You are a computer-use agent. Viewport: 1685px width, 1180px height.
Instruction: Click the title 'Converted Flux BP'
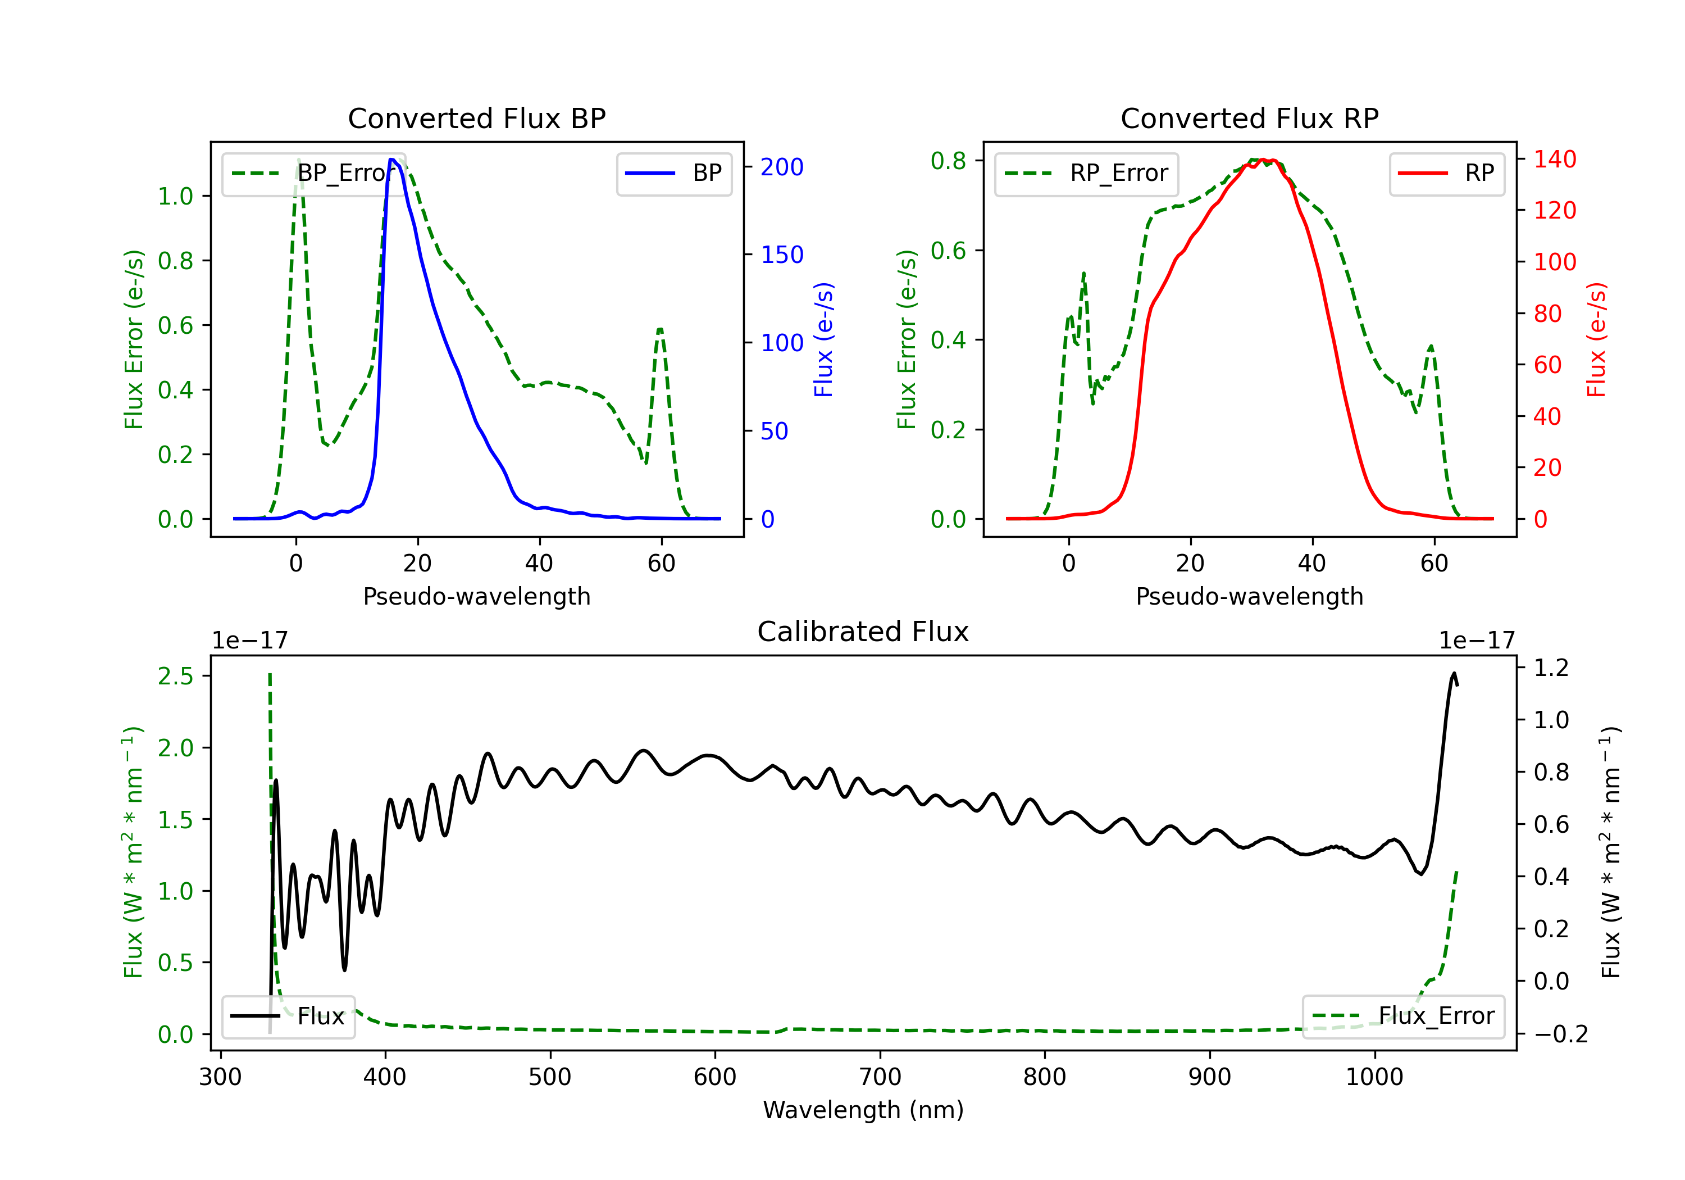(476, 118)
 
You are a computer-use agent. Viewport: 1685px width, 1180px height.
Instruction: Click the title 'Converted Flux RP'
(1249, 118)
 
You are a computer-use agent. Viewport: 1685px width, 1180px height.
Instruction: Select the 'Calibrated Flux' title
(863, 632)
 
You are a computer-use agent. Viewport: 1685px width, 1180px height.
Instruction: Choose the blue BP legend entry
(673, 173)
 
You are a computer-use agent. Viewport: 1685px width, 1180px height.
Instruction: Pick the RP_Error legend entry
(1086, 173)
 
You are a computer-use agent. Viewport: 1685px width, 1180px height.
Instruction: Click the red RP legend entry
(1446, 173)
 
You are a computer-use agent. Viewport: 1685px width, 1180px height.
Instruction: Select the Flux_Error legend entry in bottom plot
(1403, 1016)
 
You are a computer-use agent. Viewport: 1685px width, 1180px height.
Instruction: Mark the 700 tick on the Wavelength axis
(880, 1077)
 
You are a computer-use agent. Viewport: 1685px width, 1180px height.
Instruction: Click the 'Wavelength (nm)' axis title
(863, 1110)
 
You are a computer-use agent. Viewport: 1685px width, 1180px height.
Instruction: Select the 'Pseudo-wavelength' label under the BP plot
(476, 596)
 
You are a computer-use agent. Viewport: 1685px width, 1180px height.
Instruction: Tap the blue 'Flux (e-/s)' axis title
(823, 340)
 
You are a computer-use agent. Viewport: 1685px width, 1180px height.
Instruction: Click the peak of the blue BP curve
(393, 160)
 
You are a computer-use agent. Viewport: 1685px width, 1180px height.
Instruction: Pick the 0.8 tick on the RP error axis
(948, 161)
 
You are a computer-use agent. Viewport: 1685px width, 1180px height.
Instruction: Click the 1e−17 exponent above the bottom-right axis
(1477, 641)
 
